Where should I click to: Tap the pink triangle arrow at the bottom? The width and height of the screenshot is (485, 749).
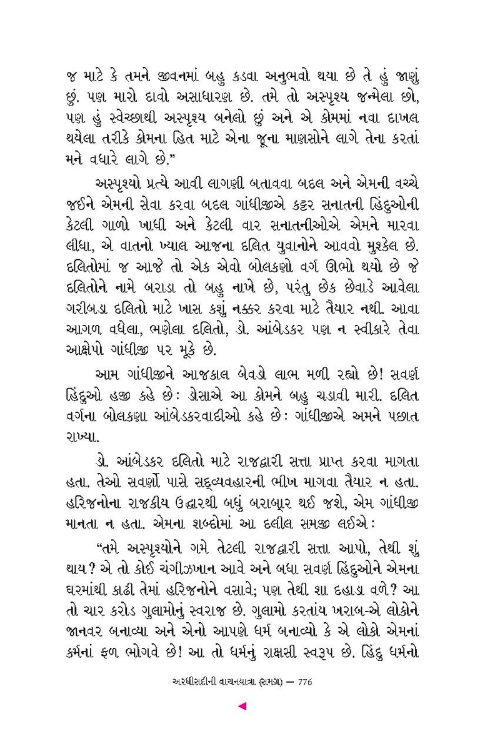[242, 707]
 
